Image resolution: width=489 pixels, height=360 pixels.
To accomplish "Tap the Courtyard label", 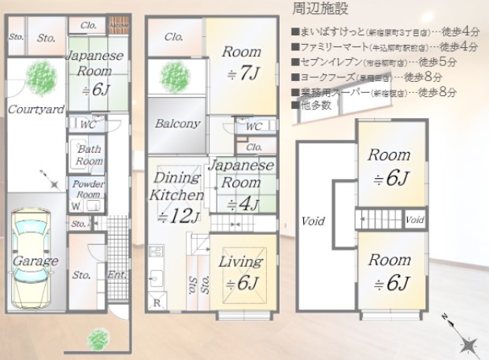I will [x=35, y=110].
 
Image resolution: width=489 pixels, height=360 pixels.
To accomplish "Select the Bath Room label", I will [x=89, y=155].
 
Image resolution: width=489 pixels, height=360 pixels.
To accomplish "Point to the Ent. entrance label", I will [x=116, y=276].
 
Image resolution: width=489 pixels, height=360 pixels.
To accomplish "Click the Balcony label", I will [x=176, y=124].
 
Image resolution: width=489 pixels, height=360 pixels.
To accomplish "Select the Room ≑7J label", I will [x=241, y=63].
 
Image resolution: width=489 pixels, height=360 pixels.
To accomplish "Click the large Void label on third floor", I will [x=313, y=222].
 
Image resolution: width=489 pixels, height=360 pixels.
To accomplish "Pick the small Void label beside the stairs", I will [x=417, y=218].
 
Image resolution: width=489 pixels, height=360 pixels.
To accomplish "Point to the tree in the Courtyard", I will [x=39, y=78].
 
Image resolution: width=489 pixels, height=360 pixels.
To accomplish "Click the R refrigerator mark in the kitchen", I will [x=157, y=302].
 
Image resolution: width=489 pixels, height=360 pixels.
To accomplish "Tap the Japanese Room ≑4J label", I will [x=239, y=183].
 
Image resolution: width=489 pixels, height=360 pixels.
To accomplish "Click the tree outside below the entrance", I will [x=98, y=338].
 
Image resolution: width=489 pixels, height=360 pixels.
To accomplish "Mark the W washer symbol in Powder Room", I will [x=76, y=206].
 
